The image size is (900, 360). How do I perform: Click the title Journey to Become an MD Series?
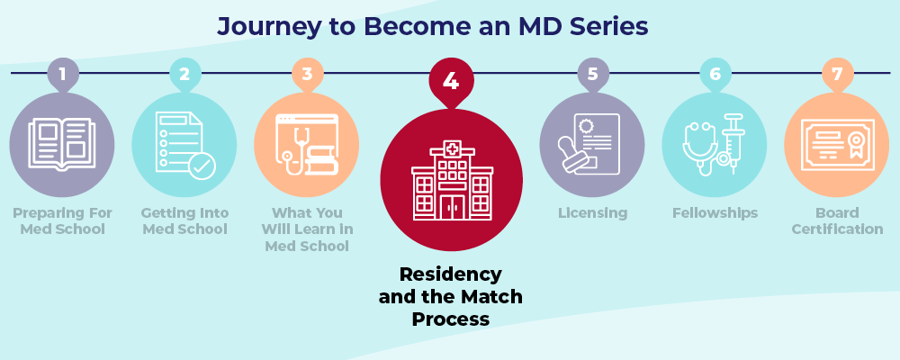click(x=432, y=27)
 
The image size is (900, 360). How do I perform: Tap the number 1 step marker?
click(x=62, y=75)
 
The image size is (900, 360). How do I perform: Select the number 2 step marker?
click(x=184, y=75)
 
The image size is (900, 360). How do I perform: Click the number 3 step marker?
click(x=307, y=75)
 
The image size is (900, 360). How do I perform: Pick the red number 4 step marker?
click(x=451, y=82)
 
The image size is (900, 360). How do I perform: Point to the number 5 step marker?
click(x=592, y=75)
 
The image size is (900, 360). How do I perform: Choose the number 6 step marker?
click(x=715, y=75)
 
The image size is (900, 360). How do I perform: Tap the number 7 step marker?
click(x=837, y=75)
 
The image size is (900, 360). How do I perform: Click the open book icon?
click(x=62, y=144)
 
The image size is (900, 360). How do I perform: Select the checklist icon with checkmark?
click(x=184, y=145)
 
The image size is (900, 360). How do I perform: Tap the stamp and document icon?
click(x=592, y=145)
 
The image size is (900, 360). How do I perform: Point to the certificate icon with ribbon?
click(x=837, y=145)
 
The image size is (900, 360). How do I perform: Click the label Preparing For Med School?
click(x=62, y=221)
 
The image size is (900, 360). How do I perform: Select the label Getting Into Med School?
click(x=184, y=221)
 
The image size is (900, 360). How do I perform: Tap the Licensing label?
click(x=592, y=213)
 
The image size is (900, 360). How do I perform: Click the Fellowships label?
click(x=715, y=213)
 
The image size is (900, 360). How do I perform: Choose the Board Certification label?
click(x=837, y=221)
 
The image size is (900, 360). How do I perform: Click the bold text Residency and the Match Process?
click(x=450, y=296)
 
